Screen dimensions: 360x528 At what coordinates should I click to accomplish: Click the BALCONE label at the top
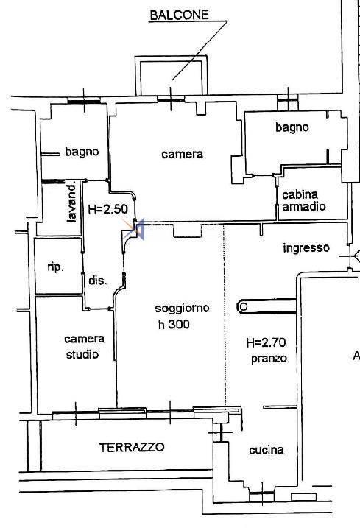tap(179, 15)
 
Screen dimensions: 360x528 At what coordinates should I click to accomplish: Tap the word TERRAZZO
tap(132, 447)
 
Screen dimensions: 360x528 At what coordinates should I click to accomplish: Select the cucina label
tap(267, 450)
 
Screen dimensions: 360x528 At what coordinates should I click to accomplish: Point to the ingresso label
tap(306, 248)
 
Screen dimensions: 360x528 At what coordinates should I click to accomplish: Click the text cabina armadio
tap(304, 200)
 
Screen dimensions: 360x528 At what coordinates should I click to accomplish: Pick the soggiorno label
tap(182, 309)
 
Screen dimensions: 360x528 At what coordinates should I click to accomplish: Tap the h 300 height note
tap(174, 324)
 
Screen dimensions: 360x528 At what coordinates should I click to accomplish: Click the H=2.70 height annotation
tap(266, 343)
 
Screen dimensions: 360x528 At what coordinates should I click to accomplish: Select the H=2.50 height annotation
tap(107, 209)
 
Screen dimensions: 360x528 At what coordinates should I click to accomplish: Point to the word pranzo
tap(269, 359)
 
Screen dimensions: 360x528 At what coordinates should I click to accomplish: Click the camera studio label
tap(84, 347)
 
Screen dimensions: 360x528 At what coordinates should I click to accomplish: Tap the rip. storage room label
tap(55, 267)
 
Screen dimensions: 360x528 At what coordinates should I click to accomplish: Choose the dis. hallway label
tap(98, 280)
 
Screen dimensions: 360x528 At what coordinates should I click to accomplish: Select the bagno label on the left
tap(82, 152)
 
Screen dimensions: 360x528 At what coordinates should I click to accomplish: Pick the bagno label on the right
tap(292, 127)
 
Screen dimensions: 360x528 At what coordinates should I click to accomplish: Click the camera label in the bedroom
tap(182, 154)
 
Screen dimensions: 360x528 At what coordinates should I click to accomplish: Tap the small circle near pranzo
tap(244, 307)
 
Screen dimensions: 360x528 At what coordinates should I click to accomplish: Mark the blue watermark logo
tap(134, 229)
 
